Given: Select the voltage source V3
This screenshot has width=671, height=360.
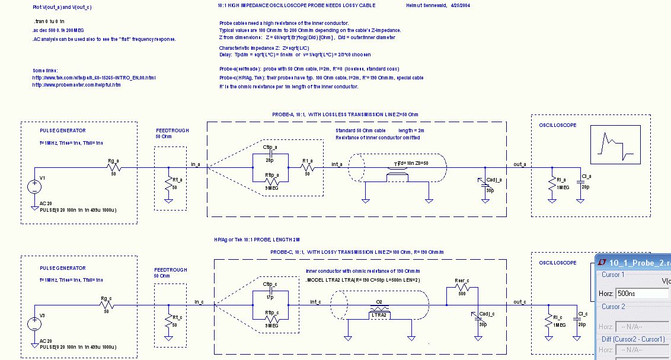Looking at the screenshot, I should tap(34, 324).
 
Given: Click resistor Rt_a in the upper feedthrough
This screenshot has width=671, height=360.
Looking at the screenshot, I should tap(168, 180).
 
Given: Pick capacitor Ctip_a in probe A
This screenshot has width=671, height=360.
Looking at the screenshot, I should tap(270, 155).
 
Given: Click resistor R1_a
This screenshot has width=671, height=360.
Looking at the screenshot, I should tap(307, 167).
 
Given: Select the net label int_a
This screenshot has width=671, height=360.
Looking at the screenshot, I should tap(336, 163).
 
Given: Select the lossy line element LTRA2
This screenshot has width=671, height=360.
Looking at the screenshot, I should tap(379, 312).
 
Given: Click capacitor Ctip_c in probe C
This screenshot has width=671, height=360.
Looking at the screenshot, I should tap(270, 292).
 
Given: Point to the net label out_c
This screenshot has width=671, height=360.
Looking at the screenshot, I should tap(520, 302).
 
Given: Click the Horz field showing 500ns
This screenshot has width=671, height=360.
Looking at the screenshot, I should tap(641, 294).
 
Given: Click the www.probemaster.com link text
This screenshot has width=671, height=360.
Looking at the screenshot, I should tap(76, 85).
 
